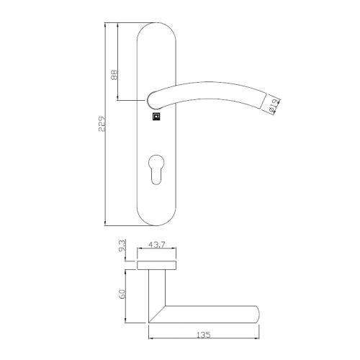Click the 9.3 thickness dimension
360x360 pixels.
123,247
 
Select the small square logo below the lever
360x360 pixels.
156,115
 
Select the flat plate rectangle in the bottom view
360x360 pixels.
156,264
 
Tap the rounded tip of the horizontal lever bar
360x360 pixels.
256,314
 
